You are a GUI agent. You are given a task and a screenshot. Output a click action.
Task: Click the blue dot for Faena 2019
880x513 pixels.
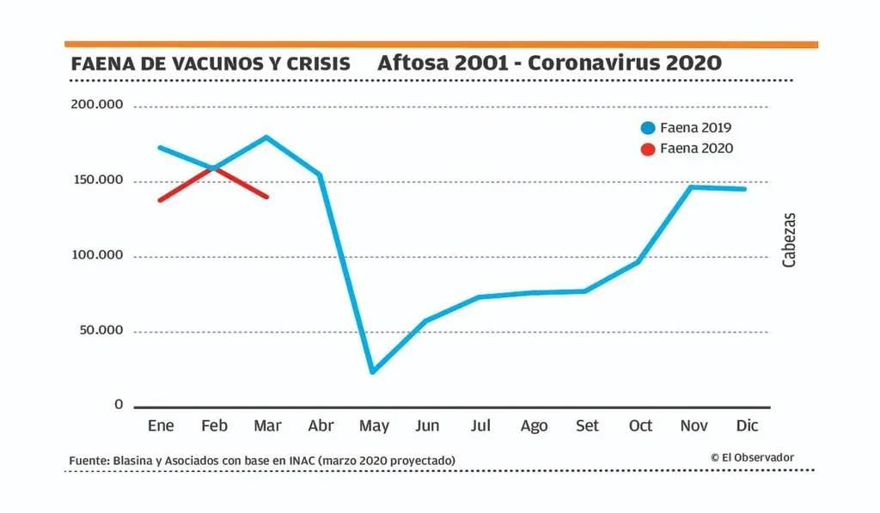point(648,128)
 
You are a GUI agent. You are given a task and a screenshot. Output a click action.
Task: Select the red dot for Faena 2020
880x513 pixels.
point(648,148)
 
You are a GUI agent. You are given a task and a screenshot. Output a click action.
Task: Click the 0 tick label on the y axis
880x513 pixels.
point(119,405)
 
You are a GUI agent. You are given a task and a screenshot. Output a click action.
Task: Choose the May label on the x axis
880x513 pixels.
point(373,426)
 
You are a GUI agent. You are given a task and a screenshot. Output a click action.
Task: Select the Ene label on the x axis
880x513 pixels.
point(161,425)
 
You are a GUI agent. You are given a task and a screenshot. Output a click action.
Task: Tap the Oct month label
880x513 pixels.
point(640,425)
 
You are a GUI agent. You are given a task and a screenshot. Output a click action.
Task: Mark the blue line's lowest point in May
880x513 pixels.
point(372,372)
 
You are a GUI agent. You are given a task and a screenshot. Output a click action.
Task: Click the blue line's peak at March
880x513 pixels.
point(266,137)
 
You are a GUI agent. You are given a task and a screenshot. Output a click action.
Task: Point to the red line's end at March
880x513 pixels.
point(267,197)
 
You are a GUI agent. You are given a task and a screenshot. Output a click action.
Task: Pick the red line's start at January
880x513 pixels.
point(160,200)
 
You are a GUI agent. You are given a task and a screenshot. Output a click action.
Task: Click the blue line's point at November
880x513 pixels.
point(692,186)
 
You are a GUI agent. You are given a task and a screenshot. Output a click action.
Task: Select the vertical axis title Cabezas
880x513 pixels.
point(789,240)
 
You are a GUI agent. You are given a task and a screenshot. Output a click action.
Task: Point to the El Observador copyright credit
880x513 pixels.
point(752,457)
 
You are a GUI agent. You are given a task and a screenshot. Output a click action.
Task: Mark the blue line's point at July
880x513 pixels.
point(480,297)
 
